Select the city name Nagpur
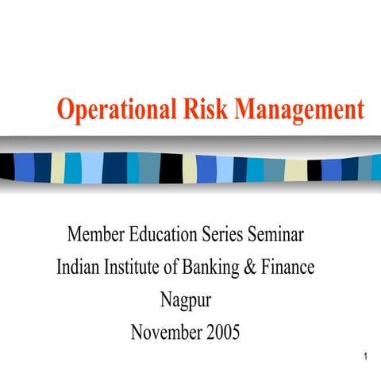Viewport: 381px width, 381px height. pos(187,301)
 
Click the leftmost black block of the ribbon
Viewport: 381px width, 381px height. pos(7,165)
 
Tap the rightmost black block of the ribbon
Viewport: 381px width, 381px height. pos(314,169)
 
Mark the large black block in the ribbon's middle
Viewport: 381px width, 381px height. pos(171,168)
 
